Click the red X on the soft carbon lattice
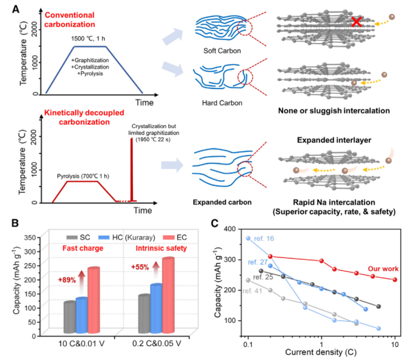[x=356, y=22]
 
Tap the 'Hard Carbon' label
[x=222, y=103]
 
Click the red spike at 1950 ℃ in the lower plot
[x=131, y=170]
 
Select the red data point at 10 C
[x=394, y=280]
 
